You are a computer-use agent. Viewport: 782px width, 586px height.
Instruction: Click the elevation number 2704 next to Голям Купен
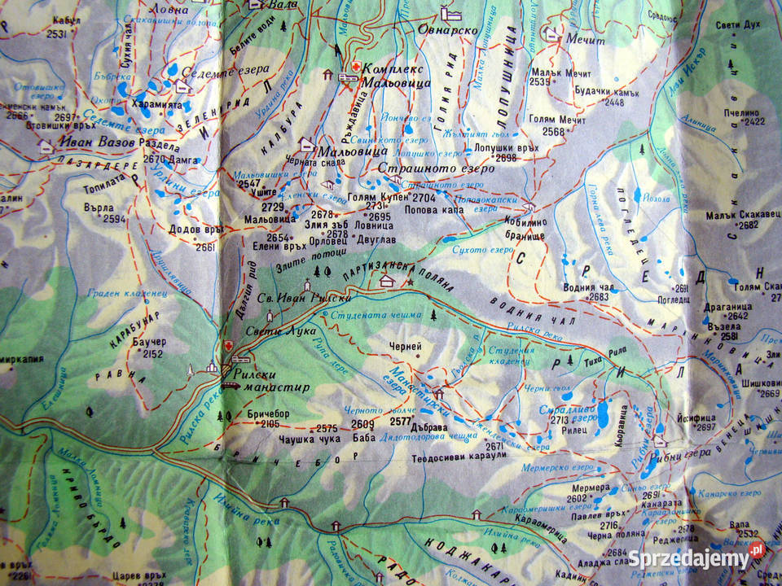pyautogui.click(x=424, y=198)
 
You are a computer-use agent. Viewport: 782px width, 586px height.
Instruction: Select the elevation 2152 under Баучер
pyautogui.click(x=152, y=354)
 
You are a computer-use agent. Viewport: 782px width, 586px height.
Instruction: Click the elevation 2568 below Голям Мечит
pyautogui.click(x=554, y=131)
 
